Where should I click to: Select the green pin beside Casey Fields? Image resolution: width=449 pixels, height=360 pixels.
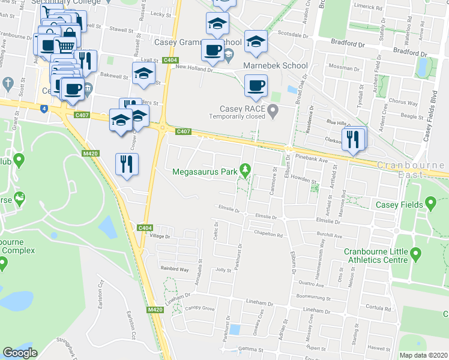(430, 205)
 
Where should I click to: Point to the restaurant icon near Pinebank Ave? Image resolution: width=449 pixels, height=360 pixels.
(353, 140)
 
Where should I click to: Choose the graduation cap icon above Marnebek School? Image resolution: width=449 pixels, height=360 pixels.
(256, 41)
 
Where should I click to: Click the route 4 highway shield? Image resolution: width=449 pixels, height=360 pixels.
(44, 108)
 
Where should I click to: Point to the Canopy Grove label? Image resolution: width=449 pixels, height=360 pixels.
(199, 308)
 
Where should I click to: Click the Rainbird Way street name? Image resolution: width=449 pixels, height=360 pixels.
(175, 269)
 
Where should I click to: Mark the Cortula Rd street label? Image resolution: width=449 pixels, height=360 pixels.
(378, 307)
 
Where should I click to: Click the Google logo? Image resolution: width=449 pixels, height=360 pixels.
(20, 353)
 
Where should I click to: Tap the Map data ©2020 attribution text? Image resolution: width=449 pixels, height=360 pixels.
(423, 355)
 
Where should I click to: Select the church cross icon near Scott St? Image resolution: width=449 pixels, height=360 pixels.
(8, 82)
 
